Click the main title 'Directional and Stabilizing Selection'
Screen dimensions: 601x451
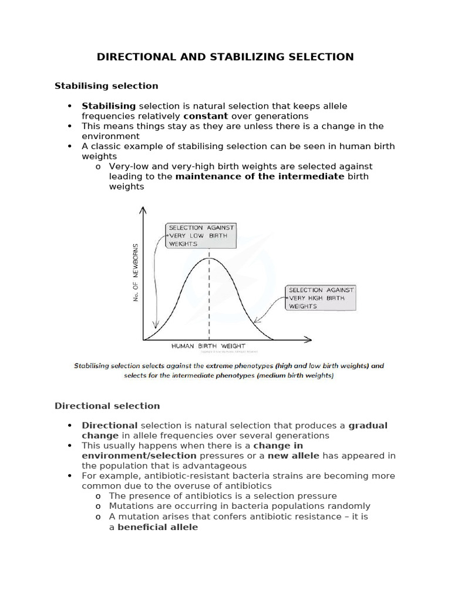coord(225,57)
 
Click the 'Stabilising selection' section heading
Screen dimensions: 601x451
coord(106,86)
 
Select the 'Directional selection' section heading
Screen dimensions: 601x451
coord(107,406)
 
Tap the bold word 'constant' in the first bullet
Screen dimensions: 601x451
coord(205,116)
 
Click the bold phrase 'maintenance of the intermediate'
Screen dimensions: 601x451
coord(260,177)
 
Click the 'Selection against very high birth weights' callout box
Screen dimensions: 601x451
coord(320,298)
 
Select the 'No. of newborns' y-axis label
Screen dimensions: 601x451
coord(136,272)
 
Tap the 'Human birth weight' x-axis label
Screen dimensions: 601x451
coord(208,346)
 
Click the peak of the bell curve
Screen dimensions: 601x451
coord(210,258)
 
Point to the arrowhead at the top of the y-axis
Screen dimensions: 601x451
coord(143,209)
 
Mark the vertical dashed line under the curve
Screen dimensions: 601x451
coord(210,299)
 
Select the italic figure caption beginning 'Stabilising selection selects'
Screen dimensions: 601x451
coord(228,370)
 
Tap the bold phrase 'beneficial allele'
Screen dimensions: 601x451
coord(158,527)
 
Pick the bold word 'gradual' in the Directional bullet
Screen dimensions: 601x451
coord(368,426)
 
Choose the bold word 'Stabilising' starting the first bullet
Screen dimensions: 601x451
coord(109,106)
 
